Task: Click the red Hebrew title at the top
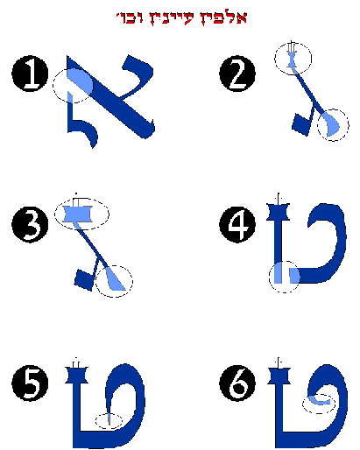click(181, 18)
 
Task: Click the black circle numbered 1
click(30, 74)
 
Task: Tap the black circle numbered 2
click(237, 74)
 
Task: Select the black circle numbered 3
click(30, 225)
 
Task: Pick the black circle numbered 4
click(237, 225)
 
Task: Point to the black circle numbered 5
click(30, 383)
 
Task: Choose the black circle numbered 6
click(237, 383)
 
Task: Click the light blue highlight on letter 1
click(80, 81)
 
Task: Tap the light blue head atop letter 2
click(292, 60)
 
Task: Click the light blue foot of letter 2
click(331, 124)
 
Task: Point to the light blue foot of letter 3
click(116, 279)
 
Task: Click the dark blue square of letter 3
click(84, 279)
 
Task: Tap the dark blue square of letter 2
click(301, 124)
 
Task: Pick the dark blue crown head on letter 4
click(278, 212)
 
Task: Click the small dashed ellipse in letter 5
click(109, 421)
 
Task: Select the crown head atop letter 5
click(76, 375)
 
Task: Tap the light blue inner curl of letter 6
click(319, 400)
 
